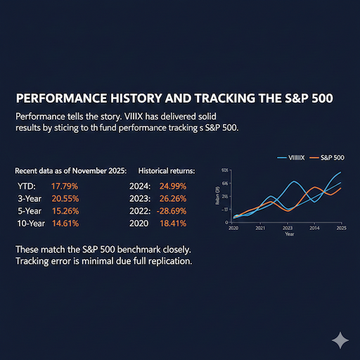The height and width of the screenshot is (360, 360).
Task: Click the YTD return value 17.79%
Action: pyautogui.click(x=64, y=186)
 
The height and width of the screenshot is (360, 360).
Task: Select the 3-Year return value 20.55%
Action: pyautogui.click(x=65, y=198)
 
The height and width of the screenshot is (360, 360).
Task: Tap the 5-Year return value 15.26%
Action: pyautogui.click(x=65, y=210)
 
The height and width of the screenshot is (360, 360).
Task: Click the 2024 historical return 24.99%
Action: pyautogui.click(x=175, y=186)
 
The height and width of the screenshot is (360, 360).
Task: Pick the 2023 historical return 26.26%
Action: pyautogui.click(x=175, y=198)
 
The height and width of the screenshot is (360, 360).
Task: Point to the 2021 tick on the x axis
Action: pyautogui.click(x=260, y=229)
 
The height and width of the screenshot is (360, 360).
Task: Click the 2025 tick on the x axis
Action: pyautogui.click(x=341, y=229)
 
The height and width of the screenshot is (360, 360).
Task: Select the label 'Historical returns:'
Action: pyautogui.click(x=167, y=171)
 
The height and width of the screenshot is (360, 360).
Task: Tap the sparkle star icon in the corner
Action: pyautogui.click(x=340, y=340)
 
